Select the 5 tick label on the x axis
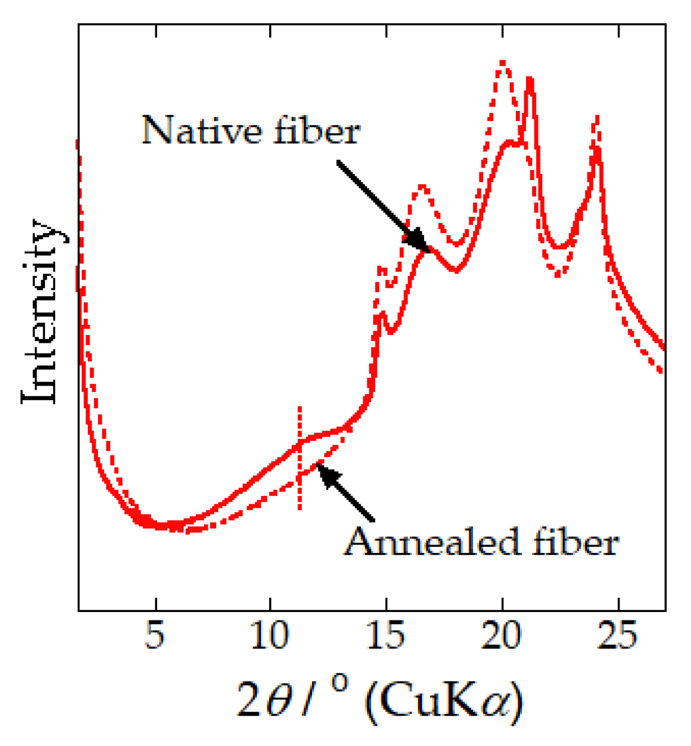tap(155, 636)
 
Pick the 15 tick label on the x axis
tap(386, 636)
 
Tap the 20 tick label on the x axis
tap(502, 636)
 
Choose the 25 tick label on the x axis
tap(618, 636)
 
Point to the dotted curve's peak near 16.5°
tap(421, 188)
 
